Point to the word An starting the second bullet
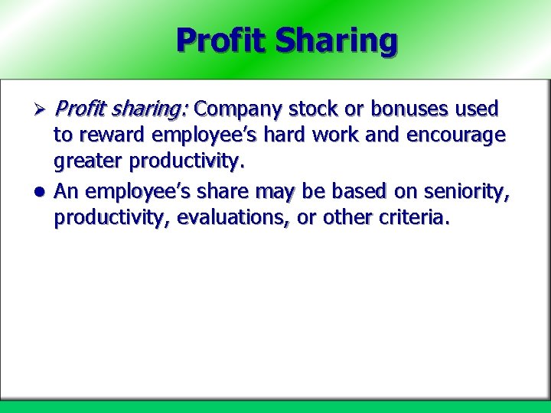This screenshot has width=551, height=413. point(66,191)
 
